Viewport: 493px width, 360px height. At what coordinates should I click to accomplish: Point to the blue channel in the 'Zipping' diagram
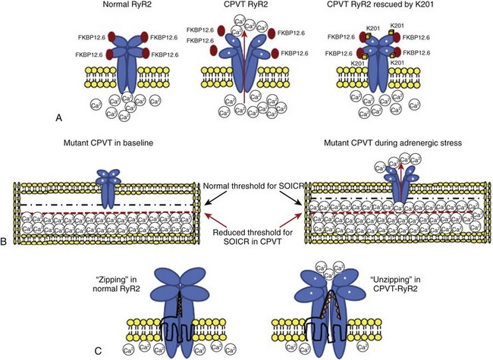click(178, 303)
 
